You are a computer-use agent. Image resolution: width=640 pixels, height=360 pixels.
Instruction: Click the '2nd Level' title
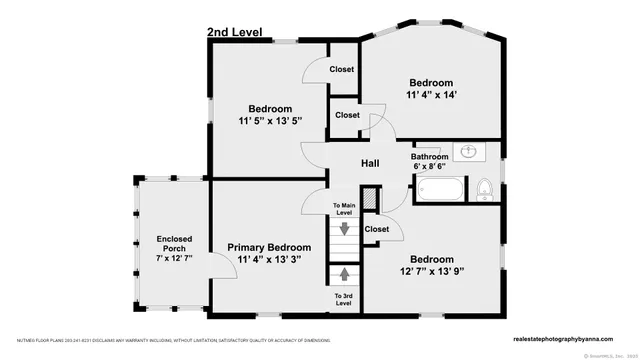tap(234, 32)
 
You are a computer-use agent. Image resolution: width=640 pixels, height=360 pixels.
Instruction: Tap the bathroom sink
tap(468, 152)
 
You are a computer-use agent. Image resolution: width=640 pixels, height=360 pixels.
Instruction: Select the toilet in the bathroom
tap(484, 188)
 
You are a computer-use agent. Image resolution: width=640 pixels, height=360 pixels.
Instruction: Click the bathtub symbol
tap(440, 188)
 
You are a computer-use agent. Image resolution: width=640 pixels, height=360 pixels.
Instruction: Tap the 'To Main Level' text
tap(343, 209)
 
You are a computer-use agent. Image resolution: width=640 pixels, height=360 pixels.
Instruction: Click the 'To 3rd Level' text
tap(343, 298)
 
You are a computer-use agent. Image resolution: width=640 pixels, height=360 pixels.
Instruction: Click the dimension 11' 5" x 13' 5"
tap(270, 121)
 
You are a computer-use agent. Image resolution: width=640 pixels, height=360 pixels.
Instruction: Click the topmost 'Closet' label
tap(342, 69)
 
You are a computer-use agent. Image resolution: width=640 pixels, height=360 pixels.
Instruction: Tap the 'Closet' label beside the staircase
tap(376, 229)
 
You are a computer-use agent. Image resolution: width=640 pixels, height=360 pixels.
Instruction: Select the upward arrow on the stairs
tap(343, 271)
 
